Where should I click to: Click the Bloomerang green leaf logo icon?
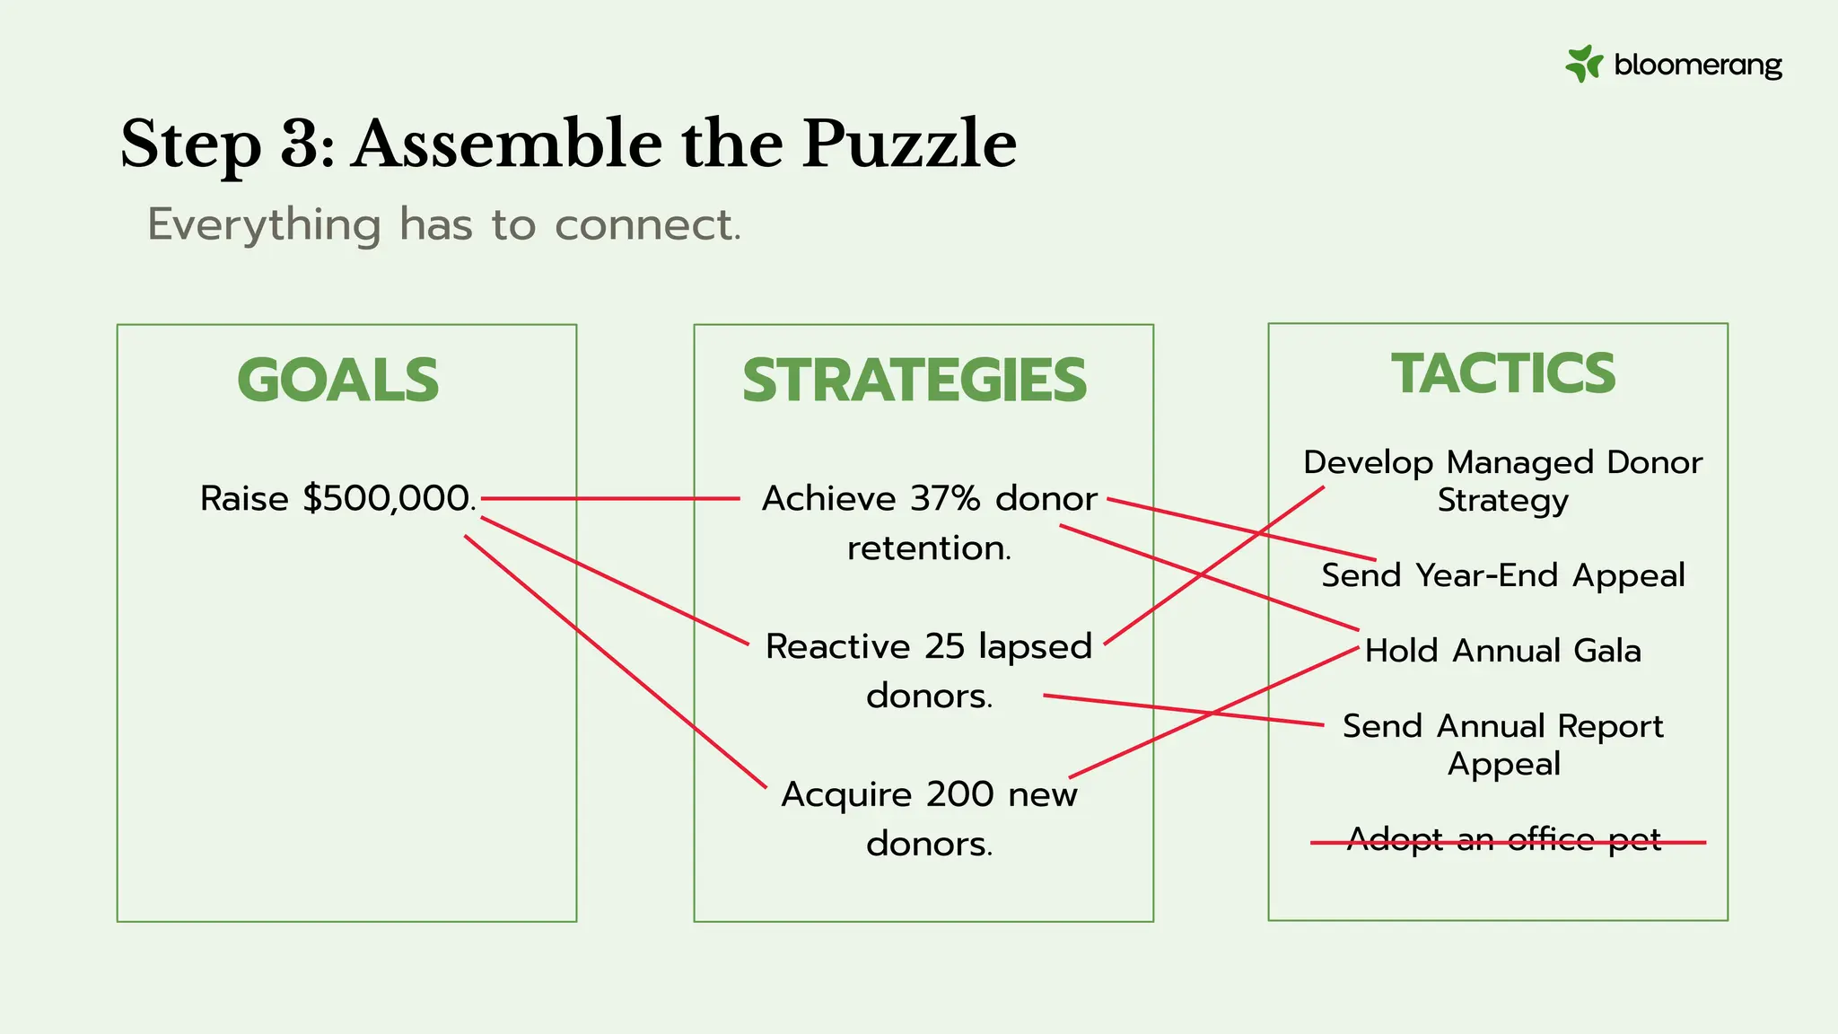(1584, 64)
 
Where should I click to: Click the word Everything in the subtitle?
(264, 224)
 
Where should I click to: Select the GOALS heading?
(338, 380)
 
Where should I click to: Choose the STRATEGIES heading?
(915, 380)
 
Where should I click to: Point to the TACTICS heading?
(1503, 373)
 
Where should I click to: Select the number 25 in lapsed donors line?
(946, 646)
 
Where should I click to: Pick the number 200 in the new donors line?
(960, 794)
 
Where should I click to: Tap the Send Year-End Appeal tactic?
(1503, 575)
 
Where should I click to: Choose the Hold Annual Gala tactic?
(1503, 651)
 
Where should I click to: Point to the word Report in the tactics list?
(1610, 726)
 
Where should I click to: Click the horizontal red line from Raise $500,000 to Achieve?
(610, 498)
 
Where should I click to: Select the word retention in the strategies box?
(929, 548)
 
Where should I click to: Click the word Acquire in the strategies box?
(845, 794)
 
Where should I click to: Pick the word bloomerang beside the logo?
(1697, 65)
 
